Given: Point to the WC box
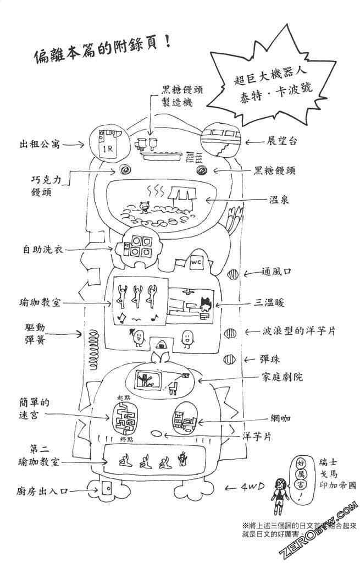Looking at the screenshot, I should [197, 263].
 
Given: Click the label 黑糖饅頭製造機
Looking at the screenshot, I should [182, 96].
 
